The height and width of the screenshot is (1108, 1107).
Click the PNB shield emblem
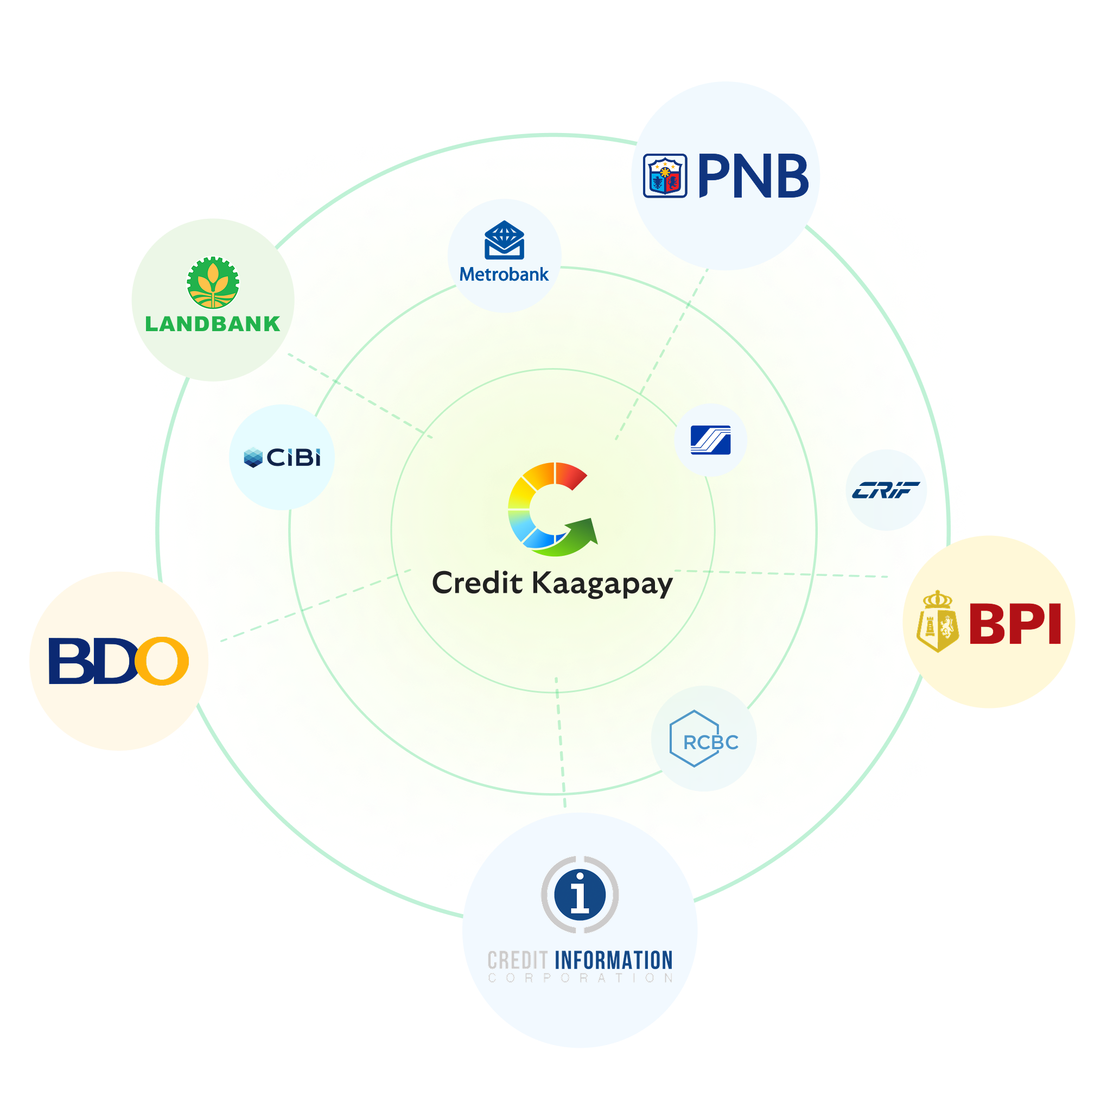pos(664,175)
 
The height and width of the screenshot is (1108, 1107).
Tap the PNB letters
pos(753,176)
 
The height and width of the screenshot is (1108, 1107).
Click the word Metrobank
pos(504,275)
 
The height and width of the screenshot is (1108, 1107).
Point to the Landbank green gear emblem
pos(213,282)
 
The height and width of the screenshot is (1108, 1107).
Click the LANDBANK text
pos(213,324)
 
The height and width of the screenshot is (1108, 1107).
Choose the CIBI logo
pos(282,457)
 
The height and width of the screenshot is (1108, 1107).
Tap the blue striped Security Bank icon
pos(710,440)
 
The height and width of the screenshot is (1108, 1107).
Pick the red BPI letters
pos(1015,624)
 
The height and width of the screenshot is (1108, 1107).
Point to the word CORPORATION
pos(580,978)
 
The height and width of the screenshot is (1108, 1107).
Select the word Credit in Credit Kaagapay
pos(477,583)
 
